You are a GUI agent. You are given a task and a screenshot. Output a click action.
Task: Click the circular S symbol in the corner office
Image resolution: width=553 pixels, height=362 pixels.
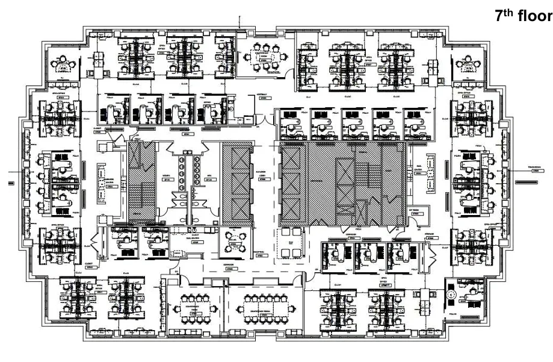pos(451,295)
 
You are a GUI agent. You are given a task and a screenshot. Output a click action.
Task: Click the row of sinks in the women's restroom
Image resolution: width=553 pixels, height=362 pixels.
pos(180,165)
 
